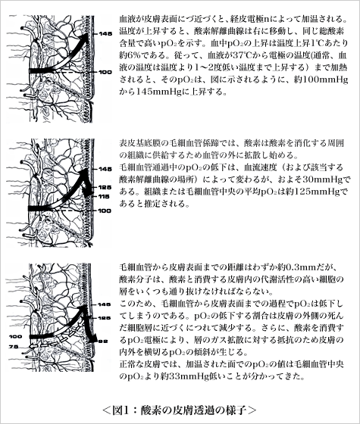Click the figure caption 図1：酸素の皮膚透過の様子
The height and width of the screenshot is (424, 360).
pos(180,411)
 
